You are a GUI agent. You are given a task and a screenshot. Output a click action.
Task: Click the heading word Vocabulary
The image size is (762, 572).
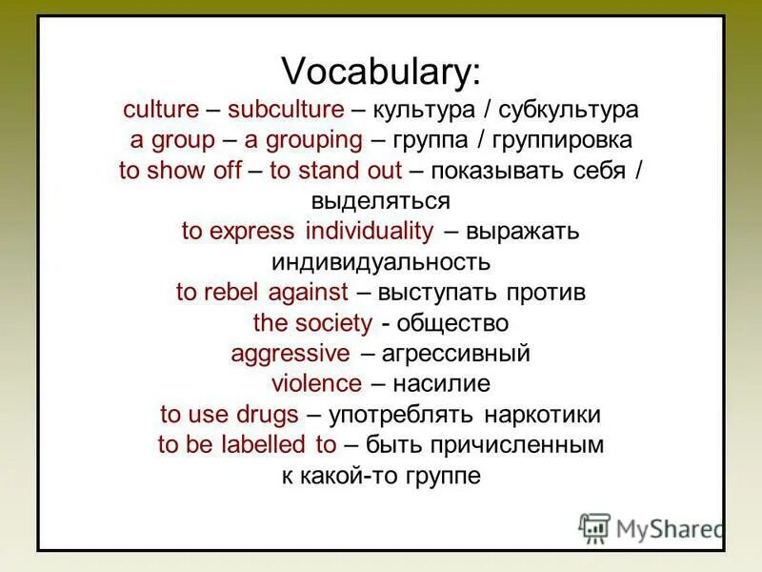coord(381,71)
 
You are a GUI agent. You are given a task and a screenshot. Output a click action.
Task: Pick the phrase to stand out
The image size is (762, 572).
coord(340,171)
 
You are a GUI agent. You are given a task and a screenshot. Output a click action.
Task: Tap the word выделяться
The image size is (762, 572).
coord(380,201)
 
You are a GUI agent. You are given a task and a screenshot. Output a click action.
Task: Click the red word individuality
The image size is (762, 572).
coord(371,232)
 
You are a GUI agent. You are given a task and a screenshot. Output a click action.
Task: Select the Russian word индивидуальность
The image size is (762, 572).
coord(380,261)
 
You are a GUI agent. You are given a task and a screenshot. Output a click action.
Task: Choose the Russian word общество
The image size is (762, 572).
coord(451,323)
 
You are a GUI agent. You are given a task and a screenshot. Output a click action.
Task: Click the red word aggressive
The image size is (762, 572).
coord(290,354)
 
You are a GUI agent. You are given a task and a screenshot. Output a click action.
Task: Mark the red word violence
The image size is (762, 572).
coord(316,384)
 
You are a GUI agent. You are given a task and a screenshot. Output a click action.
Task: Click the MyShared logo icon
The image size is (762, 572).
coord(594,527)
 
